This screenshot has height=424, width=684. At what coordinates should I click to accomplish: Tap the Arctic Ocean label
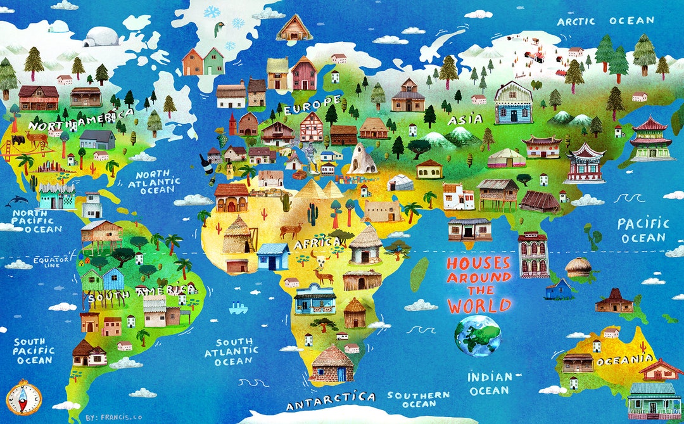pos(605,22)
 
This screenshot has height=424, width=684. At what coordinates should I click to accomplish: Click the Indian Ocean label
pos(490,383)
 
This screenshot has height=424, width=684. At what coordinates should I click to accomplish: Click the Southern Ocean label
pos(419,399)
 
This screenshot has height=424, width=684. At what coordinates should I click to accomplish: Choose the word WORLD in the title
pos(479,305)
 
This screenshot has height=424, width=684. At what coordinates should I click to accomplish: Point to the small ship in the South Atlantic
pos(238,309)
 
